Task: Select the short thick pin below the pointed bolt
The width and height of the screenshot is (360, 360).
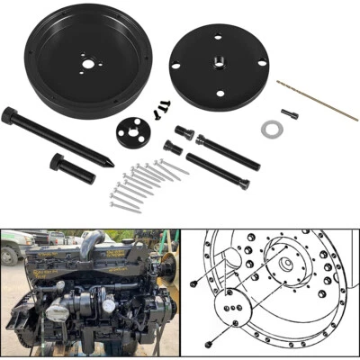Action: (73, 167)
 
